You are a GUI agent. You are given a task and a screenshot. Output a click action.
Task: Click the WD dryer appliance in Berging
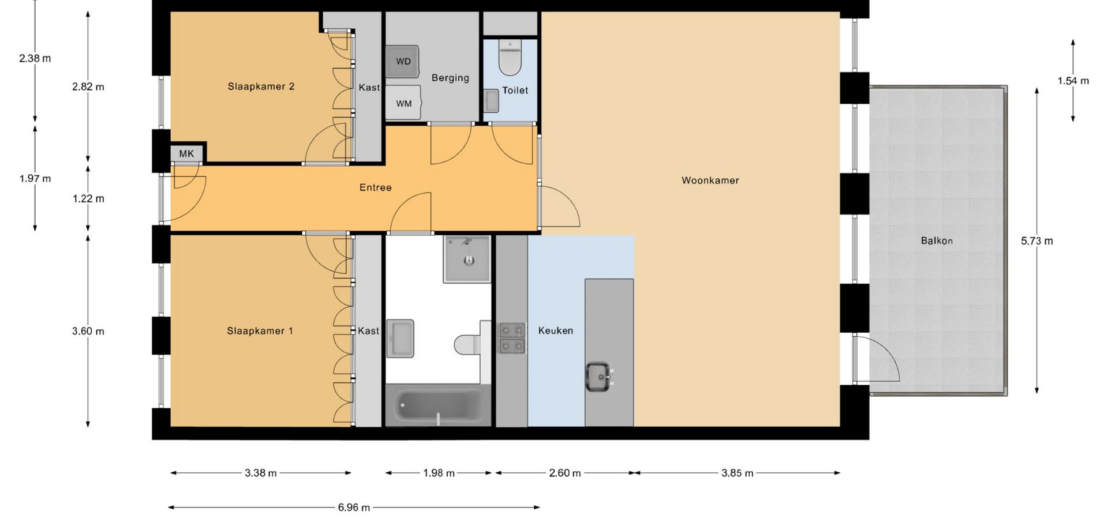coord(402,61)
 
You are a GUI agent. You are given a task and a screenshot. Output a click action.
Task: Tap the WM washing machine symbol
coord(403,103)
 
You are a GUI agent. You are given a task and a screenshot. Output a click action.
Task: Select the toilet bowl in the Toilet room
coord(510,58)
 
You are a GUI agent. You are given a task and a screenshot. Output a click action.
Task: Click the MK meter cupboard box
coord(187,153)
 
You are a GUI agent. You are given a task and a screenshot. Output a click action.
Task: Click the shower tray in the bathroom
coord(467,259)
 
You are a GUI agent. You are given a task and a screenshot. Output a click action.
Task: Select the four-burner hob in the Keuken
coord(512,338)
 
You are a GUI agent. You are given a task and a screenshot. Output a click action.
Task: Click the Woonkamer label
coord(710,180)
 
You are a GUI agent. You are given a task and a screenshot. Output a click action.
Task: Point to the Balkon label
coord(937,241)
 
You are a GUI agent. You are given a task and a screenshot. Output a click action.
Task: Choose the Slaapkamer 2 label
coord(261,86)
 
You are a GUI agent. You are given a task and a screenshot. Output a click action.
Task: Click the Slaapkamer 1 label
coord(260,331)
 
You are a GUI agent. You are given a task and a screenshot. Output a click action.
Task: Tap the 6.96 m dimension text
coord(354,508)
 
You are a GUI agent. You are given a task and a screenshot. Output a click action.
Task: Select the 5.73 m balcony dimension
coord(1037,241)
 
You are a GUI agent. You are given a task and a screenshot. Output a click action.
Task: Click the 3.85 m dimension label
coord(738,473)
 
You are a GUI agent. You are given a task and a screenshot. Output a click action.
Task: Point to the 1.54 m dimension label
coord(1073,81)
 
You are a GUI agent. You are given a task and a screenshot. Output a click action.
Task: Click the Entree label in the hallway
coord(376,187)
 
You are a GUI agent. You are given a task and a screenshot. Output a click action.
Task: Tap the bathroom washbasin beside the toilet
coord(400,339)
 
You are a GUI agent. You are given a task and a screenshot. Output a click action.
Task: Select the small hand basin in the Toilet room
coord(491,100)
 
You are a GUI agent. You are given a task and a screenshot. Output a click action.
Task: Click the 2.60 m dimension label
coord(565,473)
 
